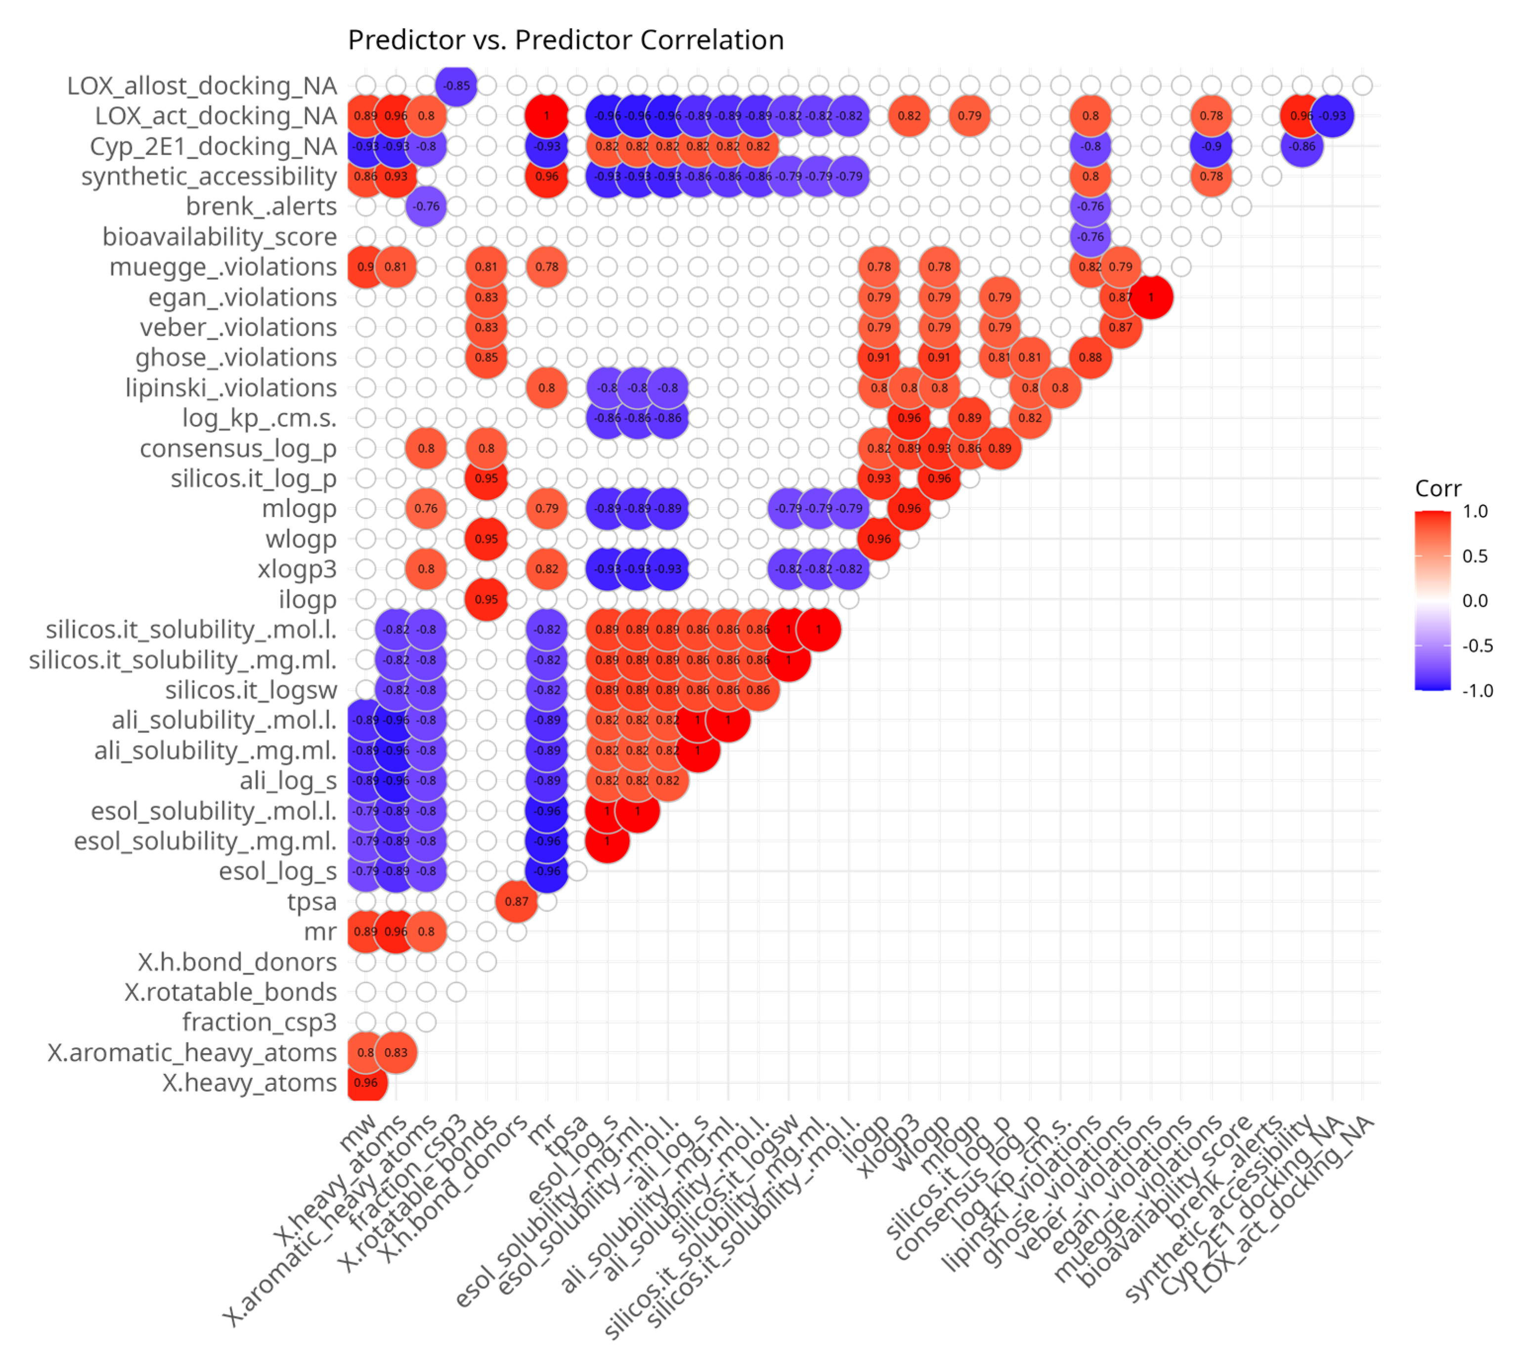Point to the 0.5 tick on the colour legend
pos(1474,556)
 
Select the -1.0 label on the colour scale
pos(1476,690)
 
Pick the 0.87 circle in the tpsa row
pos(517,901)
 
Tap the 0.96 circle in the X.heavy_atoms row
pos(366,1082)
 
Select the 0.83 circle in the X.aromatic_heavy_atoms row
pos(396,1052)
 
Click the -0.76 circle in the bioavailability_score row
pos(1090,237)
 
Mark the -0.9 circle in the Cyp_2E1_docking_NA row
pos(1212,146)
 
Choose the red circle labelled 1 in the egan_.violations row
pos(1151,297)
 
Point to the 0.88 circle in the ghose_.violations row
pos(1090,357)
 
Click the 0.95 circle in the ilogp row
pos(486,599)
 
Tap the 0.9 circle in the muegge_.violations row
pos(366,267)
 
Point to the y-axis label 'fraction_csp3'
pos(260,1022)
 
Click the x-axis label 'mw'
pos(358,1132)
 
